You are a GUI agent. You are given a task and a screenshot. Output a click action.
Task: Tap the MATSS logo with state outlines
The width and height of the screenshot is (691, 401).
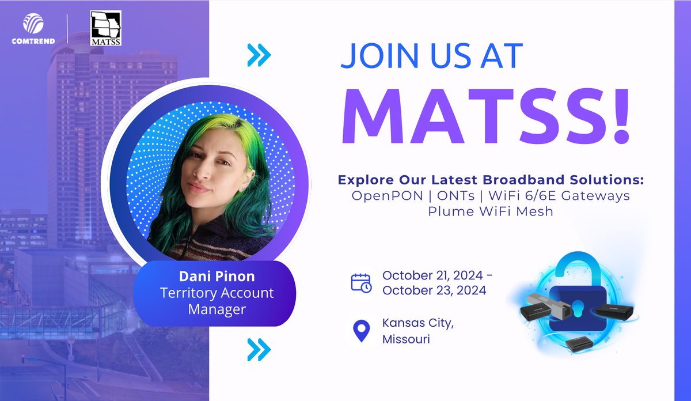(106, 28)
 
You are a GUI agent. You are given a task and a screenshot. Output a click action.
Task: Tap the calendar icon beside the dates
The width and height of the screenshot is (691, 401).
(362, 282)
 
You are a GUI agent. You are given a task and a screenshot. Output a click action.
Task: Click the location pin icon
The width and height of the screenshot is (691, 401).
(361, 331)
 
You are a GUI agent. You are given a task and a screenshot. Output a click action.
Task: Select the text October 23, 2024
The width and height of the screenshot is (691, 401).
(434, 290)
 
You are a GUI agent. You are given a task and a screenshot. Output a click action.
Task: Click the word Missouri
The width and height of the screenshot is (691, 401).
(406, 339)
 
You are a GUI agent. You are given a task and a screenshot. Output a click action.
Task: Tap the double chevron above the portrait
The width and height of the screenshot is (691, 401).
(259, 55)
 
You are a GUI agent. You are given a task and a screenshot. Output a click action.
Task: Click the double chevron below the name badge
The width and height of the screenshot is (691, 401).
(259, 349)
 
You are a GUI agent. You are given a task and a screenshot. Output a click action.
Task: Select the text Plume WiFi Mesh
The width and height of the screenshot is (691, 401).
(490, 211)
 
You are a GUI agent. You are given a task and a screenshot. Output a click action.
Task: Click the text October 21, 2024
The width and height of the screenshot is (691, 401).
(434, 274)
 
